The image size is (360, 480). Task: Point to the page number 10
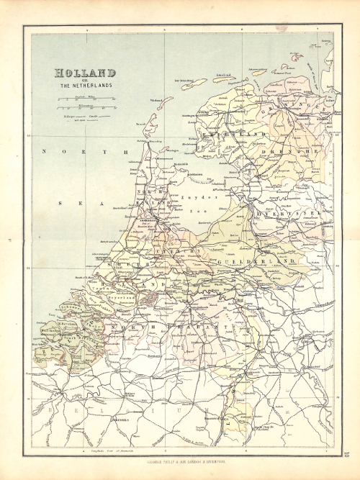(x=346, y=453)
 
